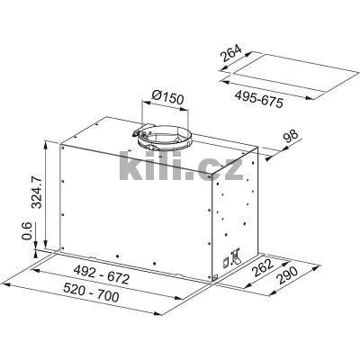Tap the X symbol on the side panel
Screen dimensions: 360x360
click(236, 254)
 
